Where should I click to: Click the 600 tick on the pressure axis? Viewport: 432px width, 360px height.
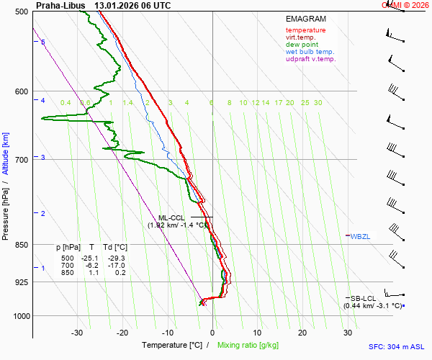pos(20,91)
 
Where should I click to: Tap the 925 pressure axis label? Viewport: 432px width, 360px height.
pos(20,282)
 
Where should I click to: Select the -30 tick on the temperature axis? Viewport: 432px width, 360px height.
pos(77,333)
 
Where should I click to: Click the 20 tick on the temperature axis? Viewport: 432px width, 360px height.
pos(302,333)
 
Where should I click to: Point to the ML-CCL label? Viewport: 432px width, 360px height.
pos(171,217)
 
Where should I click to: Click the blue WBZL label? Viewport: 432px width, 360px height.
pos(360,236)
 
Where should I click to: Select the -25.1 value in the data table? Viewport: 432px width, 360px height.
pos(90,258)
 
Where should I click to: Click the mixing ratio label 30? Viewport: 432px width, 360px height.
pos(318,103)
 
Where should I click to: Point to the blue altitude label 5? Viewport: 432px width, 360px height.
pos(43,42)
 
